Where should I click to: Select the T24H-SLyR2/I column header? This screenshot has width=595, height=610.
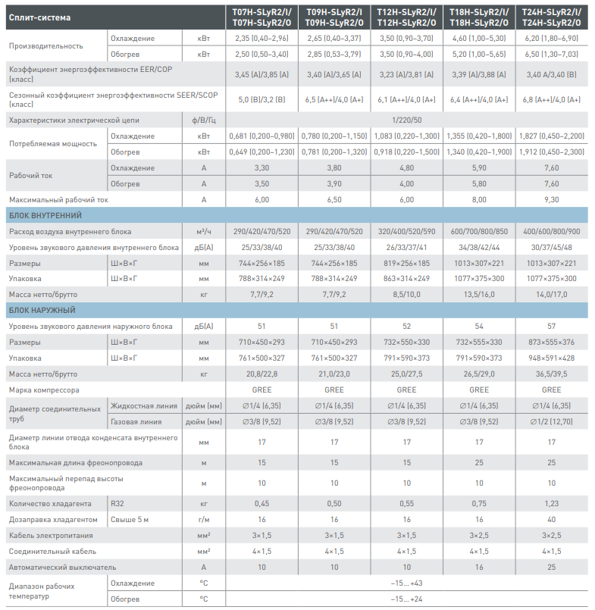tap(552, 11)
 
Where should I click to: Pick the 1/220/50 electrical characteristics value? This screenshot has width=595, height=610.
tap(407, 120)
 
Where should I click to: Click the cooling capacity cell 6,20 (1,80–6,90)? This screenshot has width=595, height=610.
tap(552, 38)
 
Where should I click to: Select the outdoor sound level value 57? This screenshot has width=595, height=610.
tap(552, 327)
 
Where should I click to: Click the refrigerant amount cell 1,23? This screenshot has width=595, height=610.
tap(552, 503)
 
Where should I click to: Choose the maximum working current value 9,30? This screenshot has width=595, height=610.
tap(552, 200)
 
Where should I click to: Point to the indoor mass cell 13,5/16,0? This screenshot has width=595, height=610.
tap(479, 294)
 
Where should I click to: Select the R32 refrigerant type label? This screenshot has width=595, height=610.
tap(117, 503)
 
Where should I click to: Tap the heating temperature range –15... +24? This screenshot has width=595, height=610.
tap(407, 599)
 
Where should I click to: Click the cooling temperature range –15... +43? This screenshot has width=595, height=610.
tap(407, 583)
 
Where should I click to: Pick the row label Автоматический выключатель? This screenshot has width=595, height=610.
tap(62, 567)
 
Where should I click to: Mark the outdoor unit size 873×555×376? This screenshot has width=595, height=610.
tap(552, 343)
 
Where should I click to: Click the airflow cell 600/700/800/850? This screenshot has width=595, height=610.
tap(479, 231)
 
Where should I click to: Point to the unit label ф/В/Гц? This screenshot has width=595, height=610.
tap(203, 120)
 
